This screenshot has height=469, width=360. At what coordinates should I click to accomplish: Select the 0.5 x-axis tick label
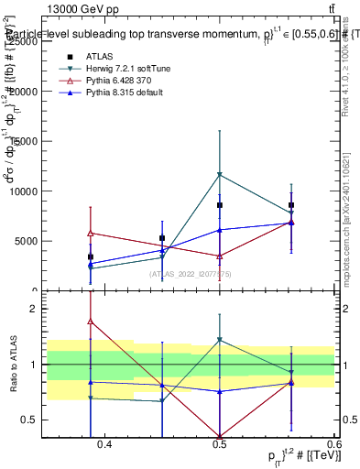pyautogui.click(x=220, y=446)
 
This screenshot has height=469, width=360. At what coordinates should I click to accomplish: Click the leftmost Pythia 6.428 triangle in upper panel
pyautogui.click(x=90, y=233)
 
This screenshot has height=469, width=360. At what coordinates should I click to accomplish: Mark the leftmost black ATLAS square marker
pyautogui.click(x=90, y=257)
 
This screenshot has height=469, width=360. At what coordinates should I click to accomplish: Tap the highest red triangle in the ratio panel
pyautogui.click(x=90, y=322)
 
